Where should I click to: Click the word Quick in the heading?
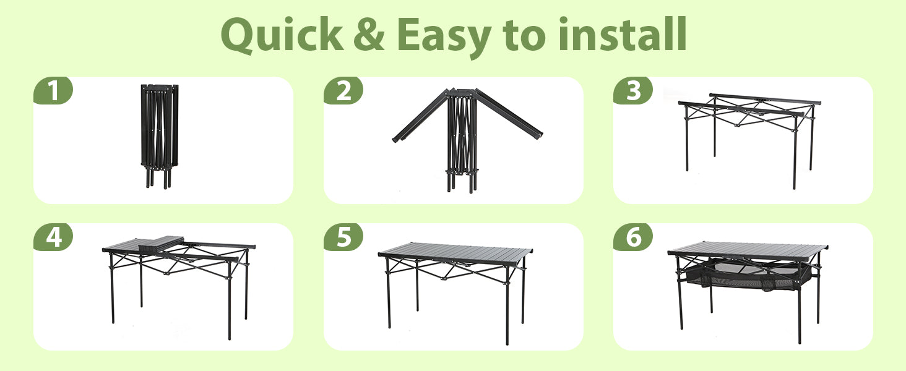pyautogui.click(x=282, y=35)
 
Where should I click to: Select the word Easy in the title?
pyautogui.click(x=444, y=38)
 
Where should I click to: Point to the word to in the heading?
pyautogui.click(x=525, y=36)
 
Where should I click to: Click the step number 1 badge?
pyautogui.click(x=53, y=90)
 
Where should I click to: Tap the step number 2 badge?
pyautogui.click(x=343, y=90)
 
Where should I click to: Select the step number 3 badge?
pyautogui.click(x=633, y=90)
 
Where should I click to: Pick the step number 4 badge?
pyautogui.click(x=53, y=237)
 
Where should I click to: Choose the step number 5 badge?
pyautogui.click(x=343, y=237)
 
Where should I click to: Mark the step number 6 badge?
pyautogui.click(x=633, y=237)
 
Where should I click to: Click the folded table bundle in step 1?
pyautogui.click(x=160, y=137)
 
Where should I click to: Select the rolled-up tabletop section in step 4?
pyautogui.click(x=161, y=245)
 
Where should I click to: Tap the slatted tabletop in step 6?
pyautogui.click(x=748, y=250)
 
